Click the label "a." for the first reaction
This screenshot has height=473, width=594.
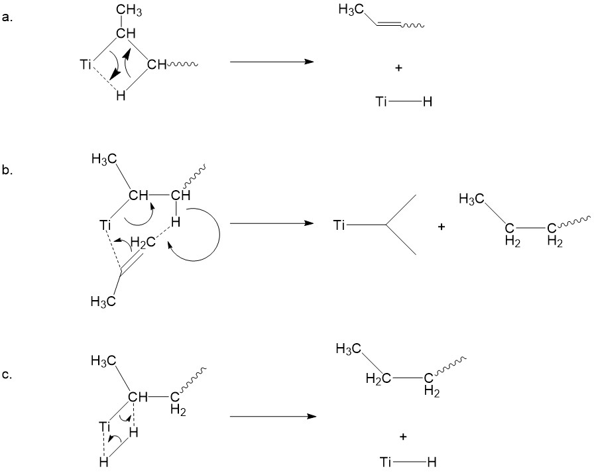click(x=7, y=18)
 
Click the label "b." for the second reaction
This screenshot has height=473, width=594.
click(x=7, y=171)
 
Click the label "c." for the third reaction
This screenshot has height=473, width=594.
click(x=7, y=375)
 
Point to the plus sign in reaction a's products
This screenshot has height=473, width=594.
click(x=398, y=68)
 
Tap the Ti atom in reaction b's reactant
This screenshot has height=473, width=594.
click(x=105, y=227)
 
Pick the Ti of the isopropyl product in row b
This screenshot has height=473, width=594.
click(x=339, y=226)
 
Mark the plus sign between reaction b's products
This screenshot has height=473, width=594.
click(x=441, y=227)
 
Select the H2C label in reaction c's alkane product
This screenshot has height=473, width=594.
click(x=378, y=379)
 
